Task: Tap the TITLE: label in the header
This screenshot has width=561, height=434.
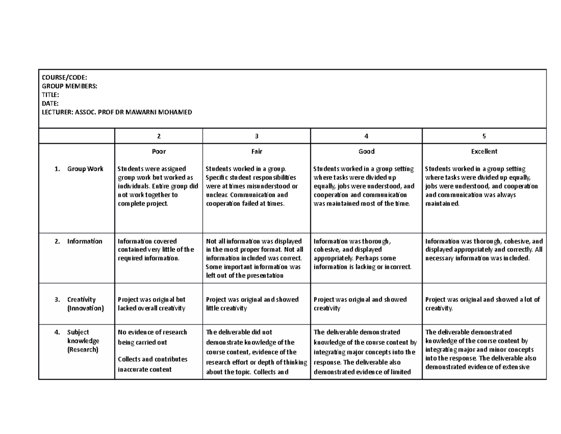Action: [x=50, y=95]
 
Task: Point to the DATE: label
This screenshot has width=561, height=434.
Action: [x=50, y=103]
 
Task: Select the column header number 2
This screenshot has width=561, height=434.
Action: [x=158, y=136]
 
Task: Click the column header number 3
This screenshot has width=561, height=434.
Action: [x=256, y=136]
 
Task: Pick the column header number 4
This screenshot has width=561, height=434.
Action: [x=366, y=136]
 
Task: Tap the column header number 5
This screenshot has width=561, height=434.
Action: [x=484, y=136]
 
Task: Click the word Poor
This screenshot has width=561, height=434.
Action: [x=158, y=152]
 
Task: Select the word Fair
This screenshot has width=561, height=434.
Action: [x=256, y=152]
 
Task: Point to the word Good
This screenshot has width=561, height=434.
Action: [x=366, y=152]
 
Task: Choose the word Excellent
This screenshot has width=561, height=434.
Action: [x=484, y=152]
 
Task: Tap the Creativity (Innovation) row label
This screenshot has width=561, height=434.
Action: [x=84, y=304]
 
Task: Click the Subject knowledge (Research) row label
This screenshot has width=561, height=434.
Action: [x=83, y=341]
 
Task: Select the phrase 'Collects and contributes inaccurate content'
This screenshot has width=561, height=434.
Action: [x=152, y=364]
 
